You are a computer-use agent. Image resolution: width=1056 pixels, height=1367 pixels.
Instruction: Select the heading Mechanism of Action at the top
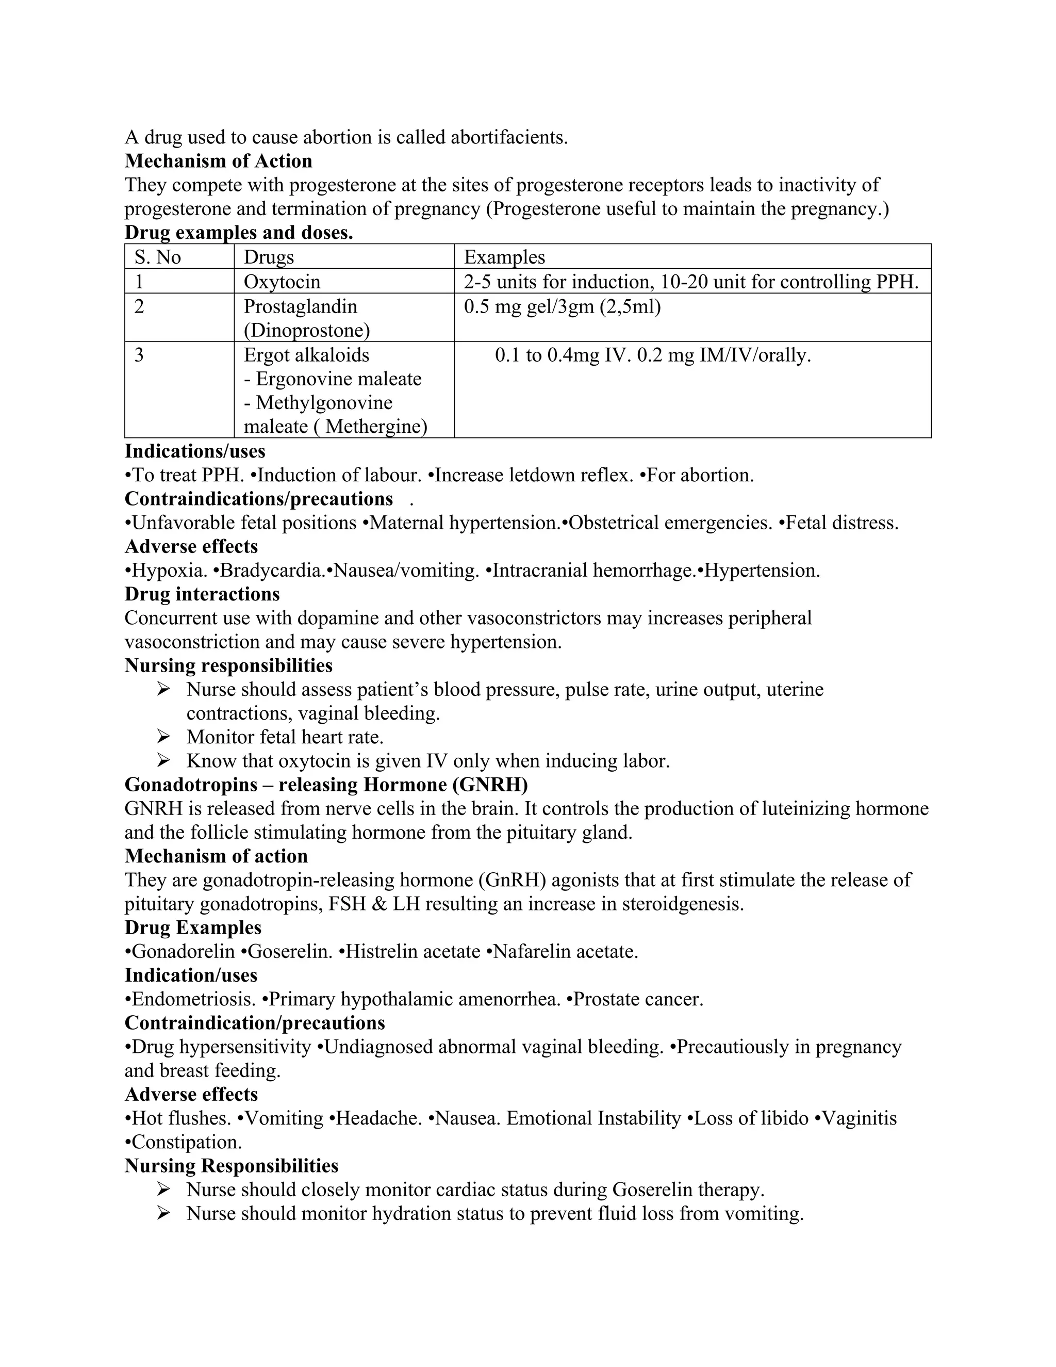(218, 161)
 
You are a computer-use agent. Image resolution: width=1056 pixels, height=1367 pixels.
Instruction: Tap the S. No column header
(158, 257)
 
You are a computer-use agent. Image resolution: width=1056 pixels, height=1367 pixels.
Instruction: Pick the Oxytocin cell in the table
(282, 282)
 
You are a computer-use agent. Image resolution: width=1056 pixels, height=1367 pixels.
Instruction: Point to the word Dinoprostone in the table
(307, 331)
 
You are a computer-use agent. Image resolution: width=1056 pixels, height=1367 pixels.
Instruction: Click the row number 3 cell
(139, 355)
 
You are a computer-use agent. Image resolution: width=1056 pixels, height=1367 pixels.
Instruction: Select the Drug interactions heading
(202, 594)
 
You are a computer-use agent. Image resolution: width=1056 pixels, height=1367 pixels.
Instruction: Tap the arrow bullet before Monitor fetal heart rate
(164, 737)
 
